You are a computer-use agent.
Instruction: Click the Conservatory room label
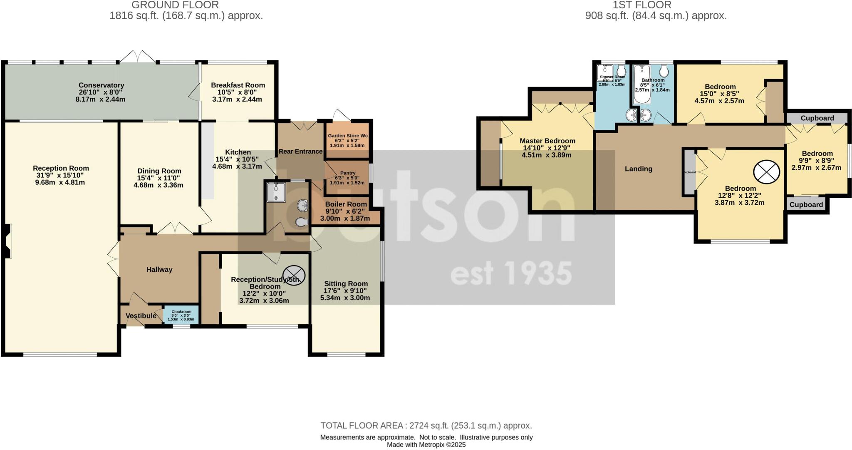click(x=102, y=85)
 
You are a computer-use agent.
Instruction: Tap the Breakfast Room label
click(x=238, y=85)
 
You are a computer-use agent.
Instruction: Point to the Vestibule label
click(x=141, y=316)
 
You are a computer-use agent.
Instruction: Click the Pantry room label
click(x=347, y=173)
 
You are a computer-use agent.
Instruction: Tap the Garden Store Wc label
click(x=347, y=136)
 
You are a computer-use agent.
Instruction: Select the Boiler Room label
click(x=346, y=204)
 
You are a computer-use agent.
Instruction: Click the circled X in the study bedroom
click(x=294, y=274)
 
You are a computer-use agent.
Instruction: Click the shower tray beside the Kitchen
click(x=275, y=192)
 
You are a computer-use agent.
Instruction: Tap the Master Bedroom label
click(x=547, y=141)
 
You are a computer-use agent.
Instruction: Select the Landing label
click(x=638, y=169)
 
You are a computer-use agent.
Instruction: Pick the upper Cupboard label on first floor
click(x=817, y=118)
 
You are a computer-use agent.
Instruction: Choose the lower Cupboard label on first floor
click(x=806, y=204)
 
